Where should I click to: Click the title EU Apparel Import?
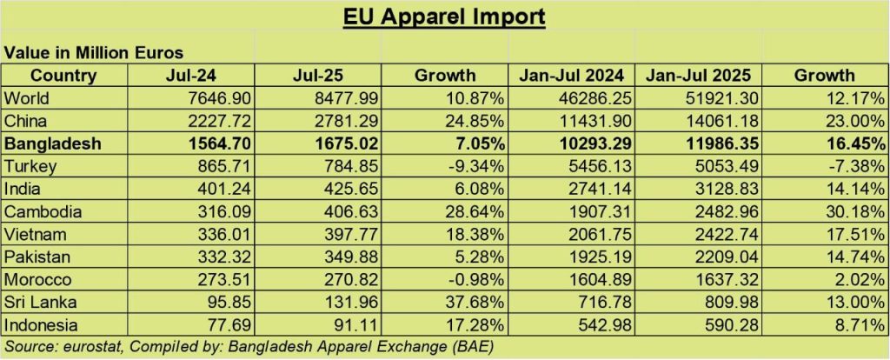tap(444, 17)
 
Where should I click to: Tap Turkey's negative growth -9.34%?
tap(475, 165)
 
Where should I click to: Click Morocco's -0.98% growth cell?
tap(475, 279)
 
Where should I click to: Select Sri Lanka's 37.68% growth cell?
tap(473, 302)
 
